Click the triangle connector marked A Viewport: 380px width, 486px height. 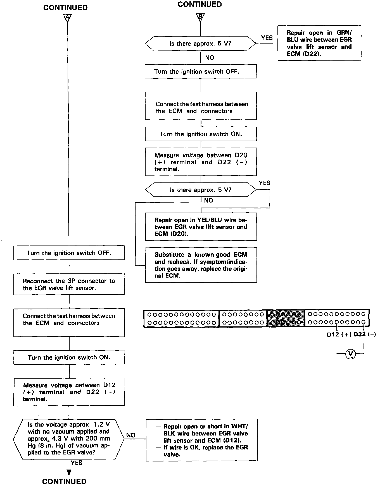point(67,18)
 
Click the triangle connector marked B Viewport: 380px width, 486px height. point(200,17)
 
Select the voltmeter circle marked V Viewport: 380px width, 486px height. point(350,354)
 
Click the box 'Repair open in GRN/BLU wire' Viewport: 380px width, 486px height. point(319,43)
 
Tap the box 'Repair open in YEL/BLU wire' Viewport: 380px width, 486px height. point(201,227)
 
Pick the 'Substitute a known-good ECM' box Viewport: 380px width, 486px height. point(201,265)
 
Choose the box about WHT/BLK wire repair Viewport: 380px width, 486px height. point(201,440)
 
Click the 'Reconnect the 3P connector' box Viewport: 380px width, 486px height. point(69,284)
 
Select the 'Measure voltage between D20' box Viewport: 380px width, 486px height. point(201,162)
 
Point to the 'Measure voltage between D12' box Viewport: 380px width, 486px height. point(69,392)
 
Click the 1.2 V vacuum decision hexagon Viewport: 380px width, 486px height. point(69,439)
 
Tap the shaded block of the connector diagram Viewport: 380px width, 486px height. point(286,318)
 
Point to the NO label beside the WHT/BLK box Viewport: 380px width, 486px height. point(131,435)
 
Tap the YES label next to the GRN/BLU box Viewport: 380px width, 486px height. point(267,38)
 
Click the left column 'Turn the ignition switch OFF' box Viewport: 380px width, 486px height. point(69,253)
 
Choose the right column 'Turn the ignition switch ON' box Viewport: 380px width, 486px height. point(201,134)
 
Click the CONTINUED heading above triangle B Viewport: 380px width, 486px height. point(199,4)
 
